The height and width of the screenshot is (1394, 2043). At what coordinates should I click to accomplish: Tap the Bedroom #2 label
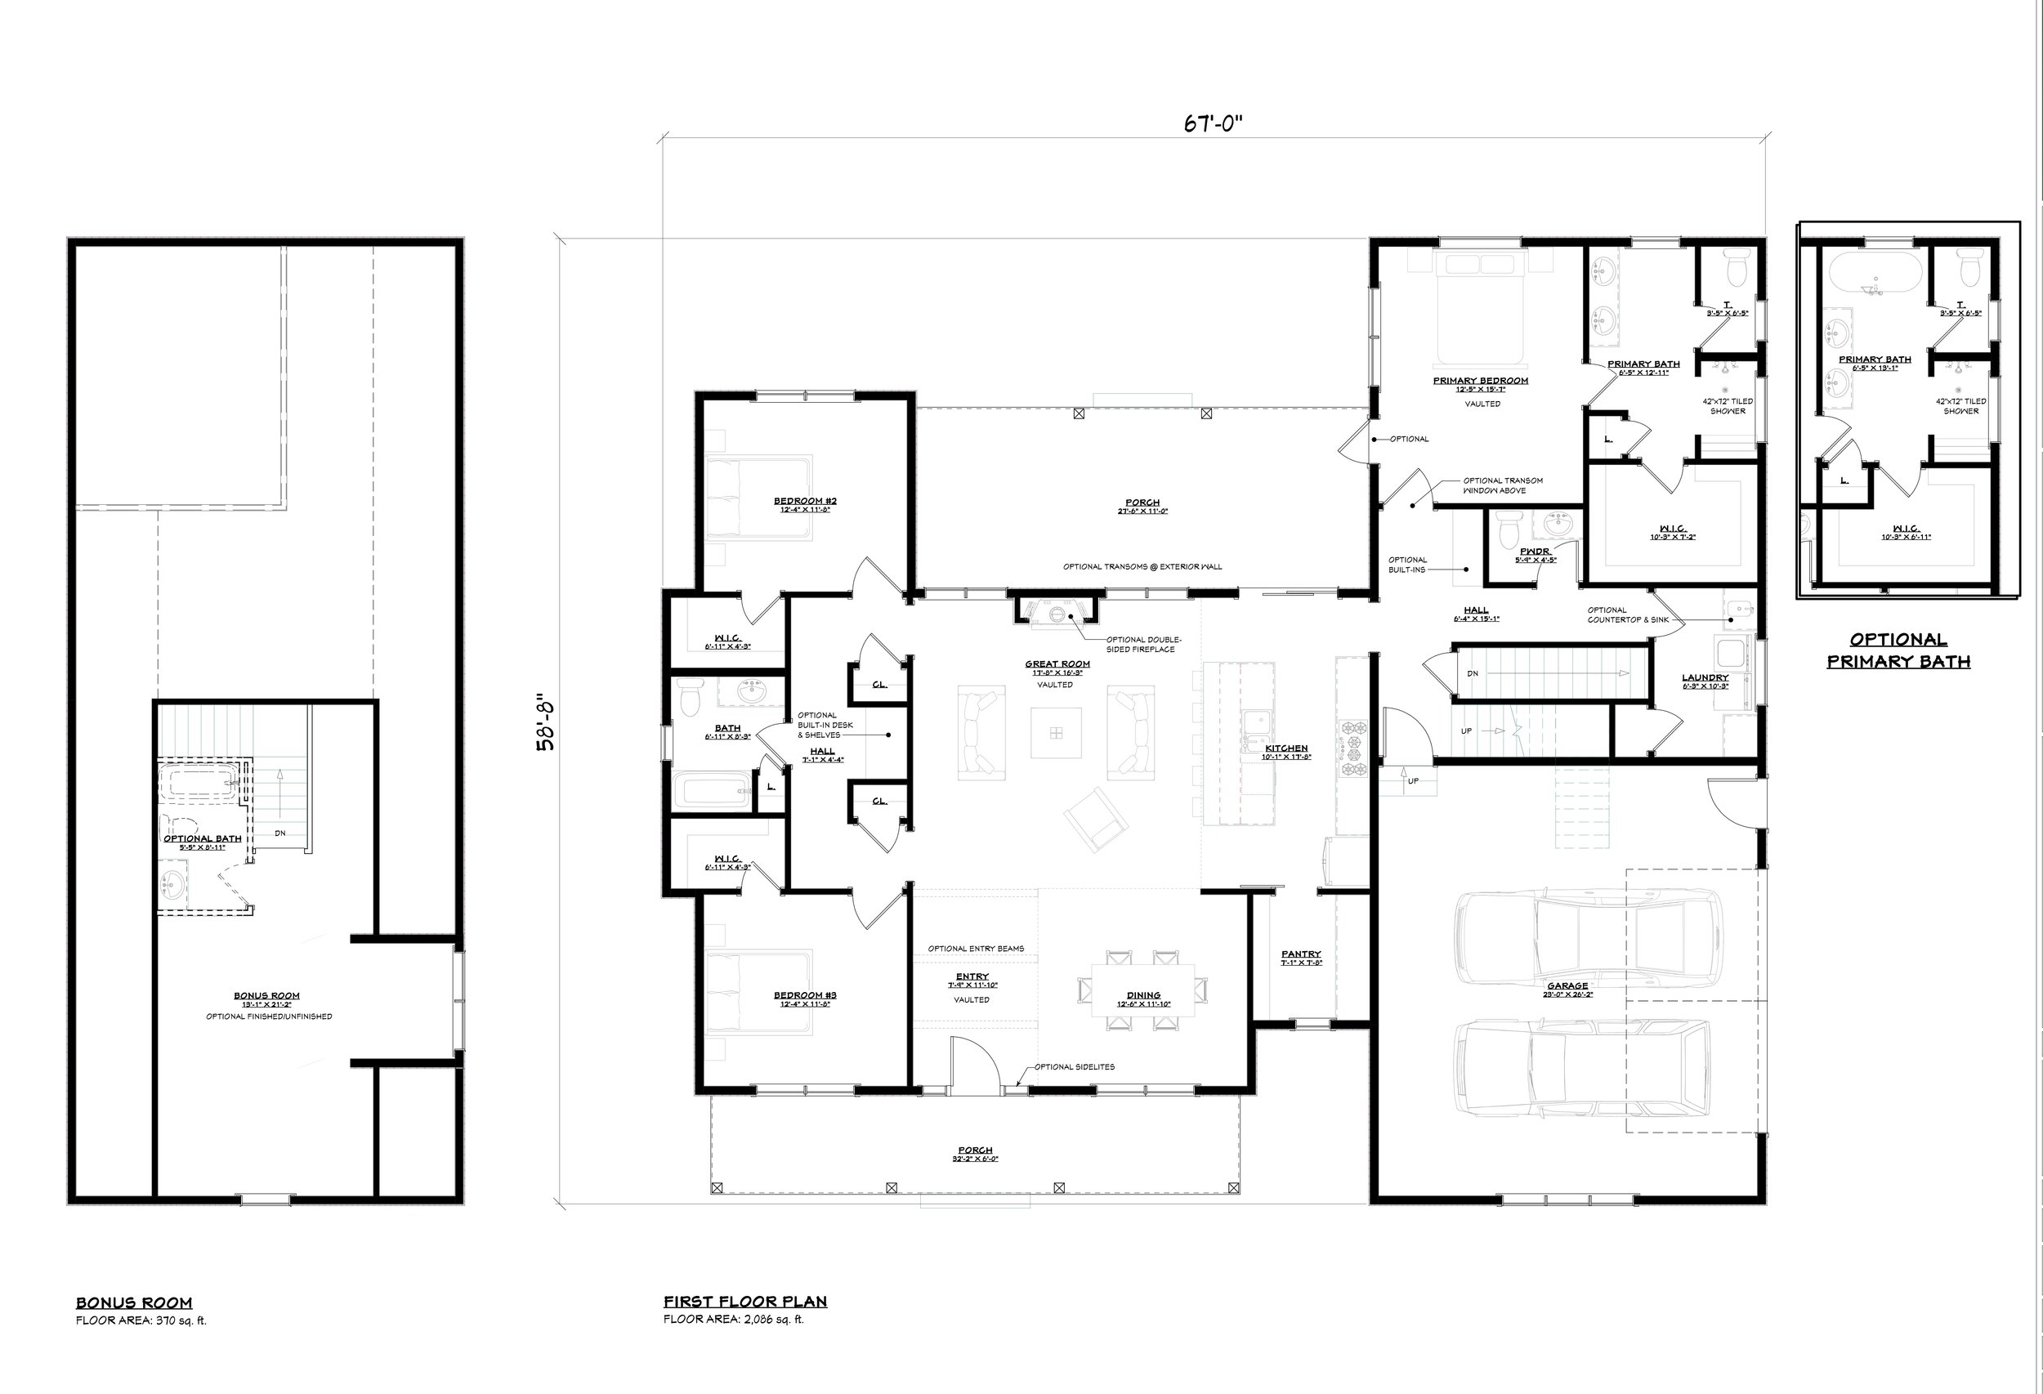click(804, 501)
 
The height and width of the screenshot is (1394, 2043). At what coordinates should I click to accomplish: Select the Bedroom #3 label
click(804, 995)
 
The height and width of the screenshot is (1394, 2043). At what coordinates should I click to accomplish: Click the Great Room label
click(1057, 664)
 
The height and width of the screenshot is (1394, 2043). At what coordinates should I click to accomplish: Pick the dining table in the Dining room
click(1142, 989)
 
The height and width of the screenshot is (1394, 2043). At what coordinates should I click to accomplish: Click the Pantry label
click(1300, 954)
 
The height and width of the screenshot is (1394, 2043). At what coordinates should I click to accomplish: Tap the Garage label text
click(1567, 985)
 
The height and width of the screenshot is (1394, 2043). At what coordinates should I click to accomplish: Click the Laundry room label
click(1705, 677)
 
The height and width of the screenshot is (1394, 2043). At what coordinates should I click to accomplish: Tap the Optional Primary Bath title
click(1898, 650)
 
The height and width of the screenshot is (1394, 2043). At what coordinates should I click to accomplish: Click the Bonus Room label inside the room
click(266, 996)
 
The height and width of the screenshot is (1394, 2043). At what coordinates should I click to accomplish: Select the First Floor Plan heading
click(744, 1302)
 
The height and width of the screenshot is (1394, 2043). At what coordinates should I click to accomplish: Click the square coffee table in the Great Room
click(1056, 733)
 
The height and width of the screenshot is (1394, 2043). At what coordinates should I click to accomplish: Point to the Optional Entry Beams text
click(976, 949)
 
